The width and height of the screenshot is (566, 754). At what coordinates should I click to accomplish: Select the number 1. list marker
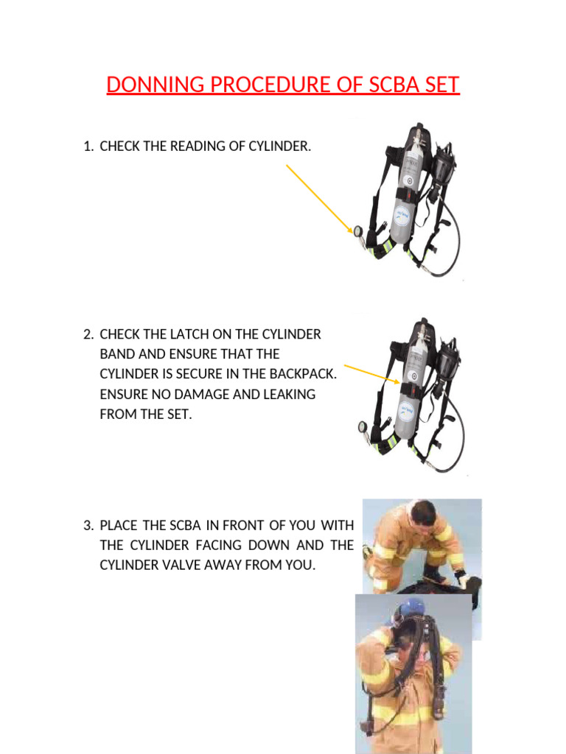pos(88,147)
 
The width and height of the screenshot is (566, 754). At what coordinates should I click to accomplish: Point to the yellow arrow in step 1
pos(320,199)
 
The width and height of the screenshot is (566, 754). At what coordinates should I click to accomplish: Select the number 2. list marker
pos(88,334)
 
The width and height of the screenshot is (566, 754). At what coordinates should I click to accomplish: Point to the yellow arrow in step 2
pos(372,374)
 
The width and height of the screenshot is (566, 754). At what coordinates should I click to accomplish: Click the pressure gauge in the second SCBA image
pos(361,426)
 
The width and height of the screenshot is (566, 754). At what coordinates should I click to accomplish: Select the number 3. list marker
pos(88,525)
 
